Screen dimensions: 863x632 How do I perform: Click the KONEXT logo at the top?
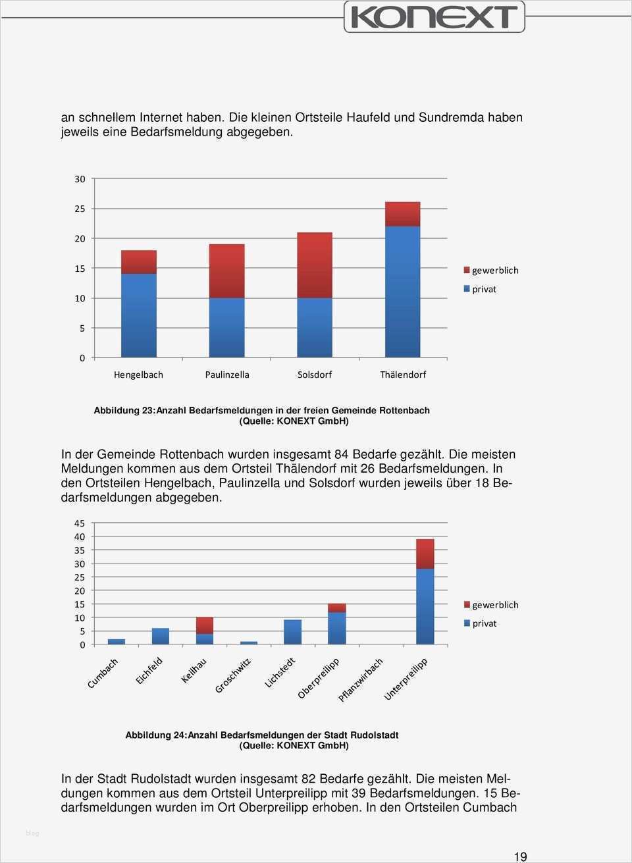[x=434, y=16]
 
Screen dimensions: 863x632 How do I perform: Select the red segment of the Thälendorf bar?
[x=402, y=214]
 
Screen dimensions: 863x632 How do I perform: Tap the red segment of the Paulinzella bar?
[x=226, y=271]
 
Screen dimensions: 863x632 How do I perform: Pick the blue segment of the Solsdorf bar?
[x=315, y=327]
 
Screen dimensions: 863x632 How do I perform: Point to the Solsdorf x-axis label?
[x=315, y=375]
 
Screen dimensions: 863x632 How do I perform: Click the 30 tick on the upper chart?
[x=80, y=179]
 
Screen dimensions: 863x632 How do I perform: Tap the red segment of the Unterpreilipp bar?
[x=425, y=554]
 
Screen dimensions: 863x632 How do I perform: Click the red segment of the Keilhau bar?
[x=205, y=625]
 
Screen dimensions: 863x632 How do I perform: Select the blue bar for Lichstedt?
[x=292, y=632]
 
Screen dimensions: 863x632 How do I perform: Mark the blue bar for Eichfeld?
[x=161, y=636]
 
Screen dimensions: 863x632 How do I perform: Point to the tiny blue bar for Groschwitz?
[x=249, y=642]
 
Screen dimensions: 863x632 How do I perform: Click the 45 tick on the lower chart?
[x=80, y=523]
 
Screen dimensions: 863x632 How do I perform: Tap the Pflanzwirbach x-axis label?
[x=361, y=679]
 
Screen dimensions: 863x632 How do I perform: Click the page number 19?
[x=520, y=856]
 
